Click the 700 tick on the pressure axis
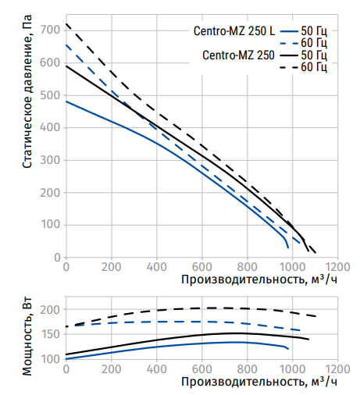coord(50,30)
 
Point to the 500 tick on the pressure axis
coord(50,95)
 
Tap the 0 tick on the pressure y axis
coord(57,258)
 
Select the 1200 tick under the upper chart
coord(338,267)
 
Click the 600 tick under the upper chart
coord(202,267)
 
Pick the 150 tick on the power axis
coord(50,334)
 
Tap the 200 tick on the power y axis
coord(50,310)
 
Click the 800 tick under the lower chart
coord(248,369)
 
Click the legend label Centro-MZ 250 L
coord(234,31)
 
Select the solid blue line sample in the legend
coord(289,31)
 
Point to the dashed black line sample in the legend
coord(289,68)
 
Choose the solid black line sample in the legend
coord(289,55)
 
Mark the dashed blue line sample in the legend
coord(289,44)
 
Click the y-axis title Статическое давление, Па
coord(27,91)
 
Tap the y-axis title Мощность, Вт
coord(27,336)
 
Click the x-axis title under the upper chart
coord(259,279)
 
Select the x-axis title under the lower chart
coord(259,382)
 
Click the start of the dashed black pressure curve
coord(66,24)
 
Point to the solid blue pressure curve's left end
coord(66,101)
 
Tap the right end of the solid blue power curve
coord(288,349)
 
